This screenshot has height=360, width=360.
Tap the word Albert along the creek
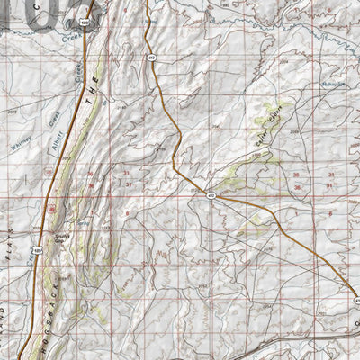[58, 122]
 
